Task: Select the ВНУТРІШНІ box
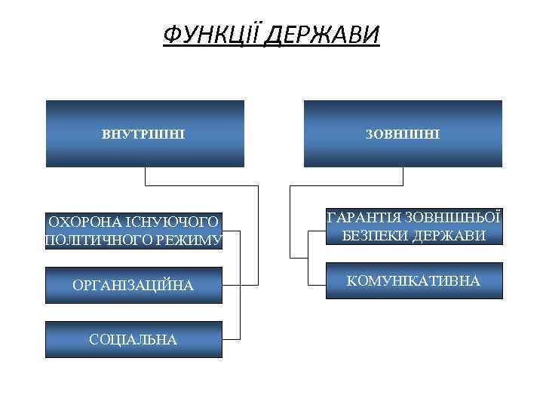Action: (145, 133)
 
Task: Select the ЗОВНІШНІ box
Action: (403, 133)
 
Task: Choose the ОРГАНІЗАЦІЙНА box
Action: (133, 286)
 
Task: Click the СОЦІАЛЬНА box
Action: (133, 340)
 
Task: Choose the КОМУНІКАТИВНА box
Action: (413, 281)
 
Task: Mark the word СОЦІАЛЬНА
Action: (133, 340)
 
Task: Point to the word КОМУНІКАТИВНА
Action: (413, 281)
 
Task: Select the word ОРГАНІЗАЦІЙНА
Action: (133, 286)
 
